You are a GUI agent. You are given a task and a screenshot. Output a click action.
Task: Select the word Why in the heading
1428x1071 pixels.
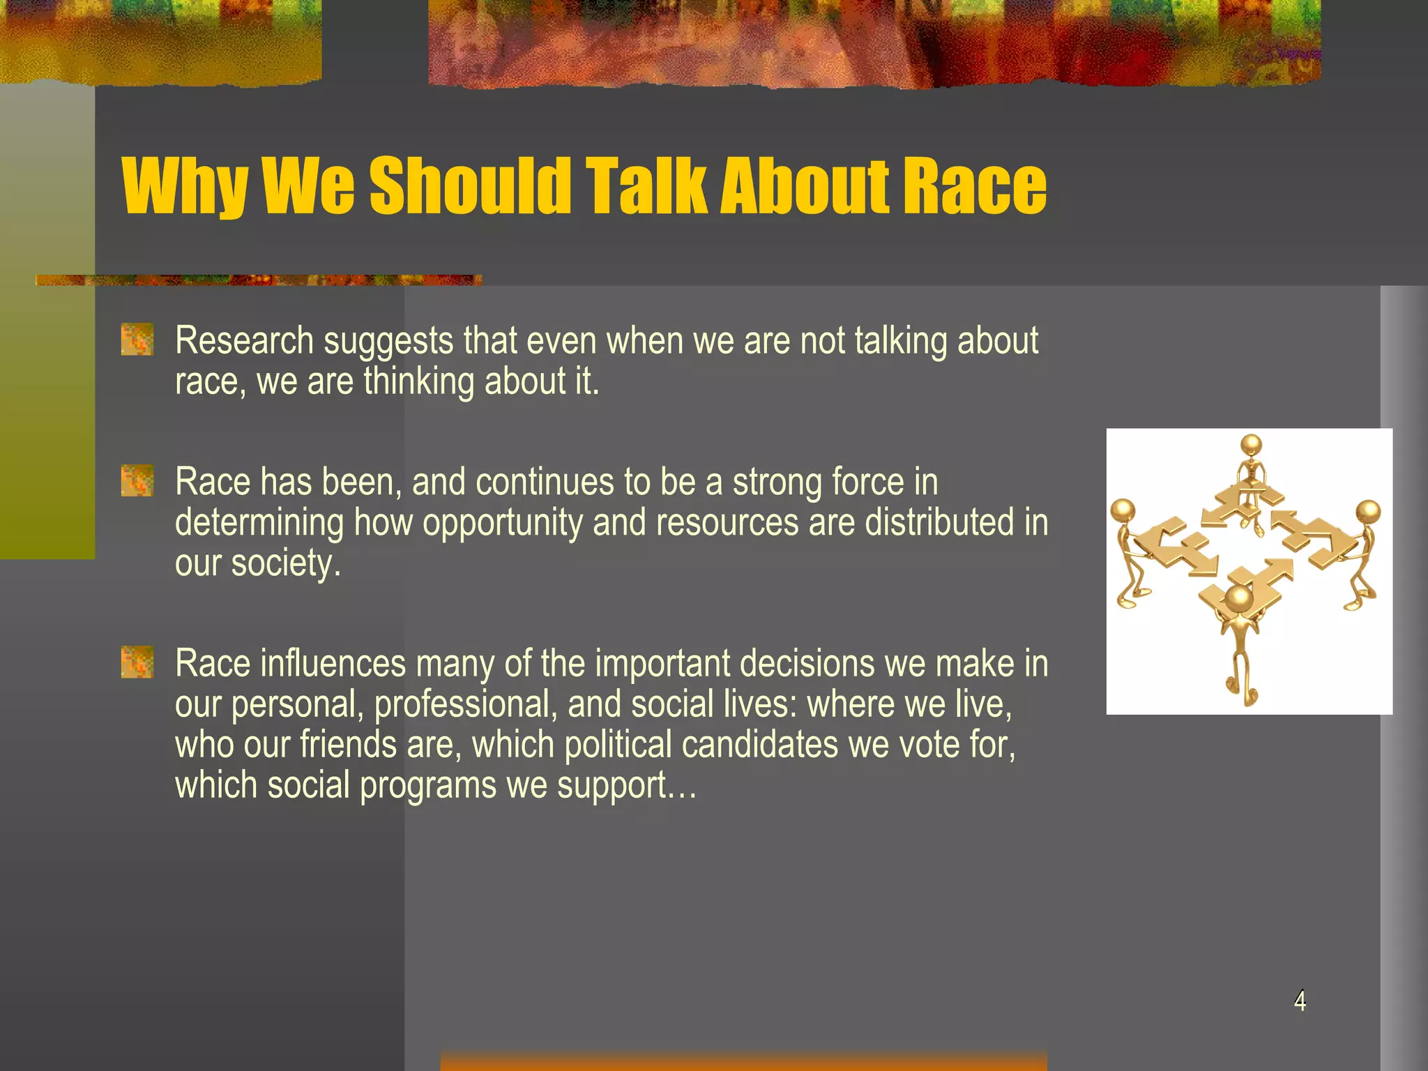185,187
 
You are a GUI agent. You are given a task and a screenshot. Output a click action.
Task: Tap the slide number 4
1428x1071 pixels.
1300,1001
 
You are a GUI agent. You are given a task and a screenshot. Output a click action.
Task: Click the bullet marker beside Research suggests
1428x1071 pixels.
137,340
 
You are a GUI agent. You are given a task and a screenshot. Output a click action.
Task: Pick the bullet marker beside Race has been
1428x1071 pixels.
137,481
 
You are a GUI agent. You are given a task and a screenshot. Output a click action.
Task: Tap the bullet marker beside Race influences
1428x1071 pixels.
137,662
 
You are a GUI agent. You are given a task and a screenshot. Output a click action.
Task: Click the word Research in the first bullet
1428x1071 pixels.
244,342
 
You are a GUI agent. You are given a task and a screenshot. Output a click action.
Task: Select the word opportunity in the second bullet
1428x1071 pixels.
502,524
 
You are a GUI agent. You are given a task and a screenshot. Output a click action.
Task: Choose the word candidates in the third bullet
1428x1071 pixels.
760,745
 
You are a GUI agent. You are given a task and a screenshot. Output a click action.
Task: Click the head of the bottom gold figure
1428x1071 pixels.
1239,598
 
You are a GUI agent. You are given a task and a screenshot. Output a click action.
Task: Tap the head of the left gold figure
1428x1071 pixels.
1123,511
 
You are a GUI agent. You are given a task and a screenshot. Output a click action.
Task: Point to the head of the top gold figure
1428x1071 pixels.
1252,445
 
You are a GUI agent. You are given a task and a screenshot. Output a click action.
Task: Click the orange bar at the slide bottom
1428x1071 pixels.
743,1061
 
